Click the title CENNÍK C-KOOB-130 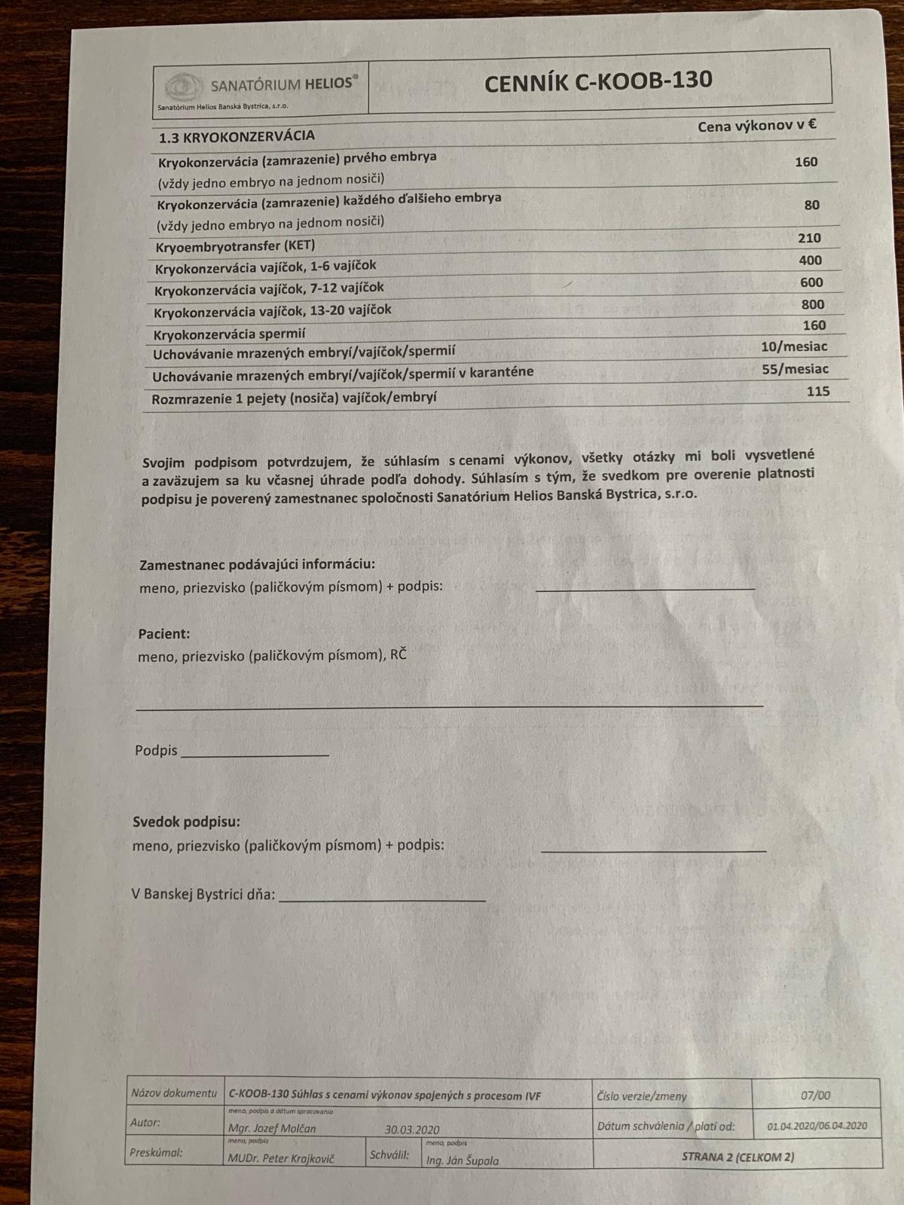tap(598, 81)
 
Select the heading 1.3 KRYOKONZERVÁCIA tap(237, 136)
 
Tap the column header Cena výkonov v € tap(757, 126)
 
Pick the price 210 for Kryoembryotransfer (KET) tap(809, 238)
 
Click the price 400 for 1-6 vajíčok tap(811, 261)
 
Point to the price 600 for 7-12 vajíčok tap(811, 282)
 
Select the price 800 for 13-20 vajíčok tap(813, 304)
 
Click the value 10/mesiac tap(794, 346)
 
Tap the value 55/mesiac tap(795, 369)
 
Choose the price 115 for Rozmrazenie tap(817, 391)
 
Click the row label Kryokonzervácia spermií tap(230, 334)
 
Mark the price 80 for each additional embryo tap(811, 205)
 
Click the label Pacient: tap(163, 634)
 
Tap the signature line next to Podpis tap(255, 752)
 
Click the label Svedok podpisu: tap(186, 822)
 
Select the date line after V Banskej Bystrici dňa tap(382, 898)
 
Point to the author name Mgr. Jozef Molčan tap(272, 1128)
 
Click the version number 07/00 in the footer tap(815, 1097)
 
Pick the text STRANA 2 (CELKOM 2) tap(737, 1157)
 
